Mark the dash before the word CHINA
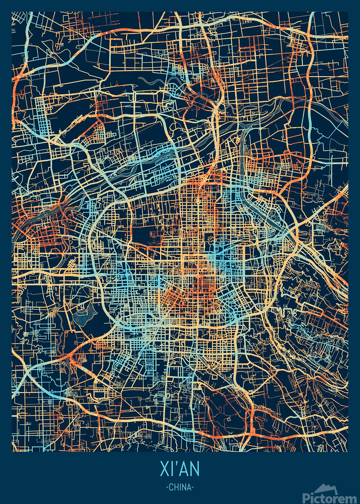click(x=167, y=487)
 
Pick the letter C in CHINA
click(x=171, y=487)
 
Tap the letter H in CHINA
click(x=176, y=487)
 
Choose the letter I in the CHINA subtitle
click(x=180, y=487)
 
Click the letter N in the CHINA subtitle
click(x=184, y=487)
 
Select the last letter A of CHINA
click(x=189, y=487)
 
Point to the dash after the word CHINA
click(x=193, y=487)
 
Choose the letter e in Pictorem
click(x=343, y=497)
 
